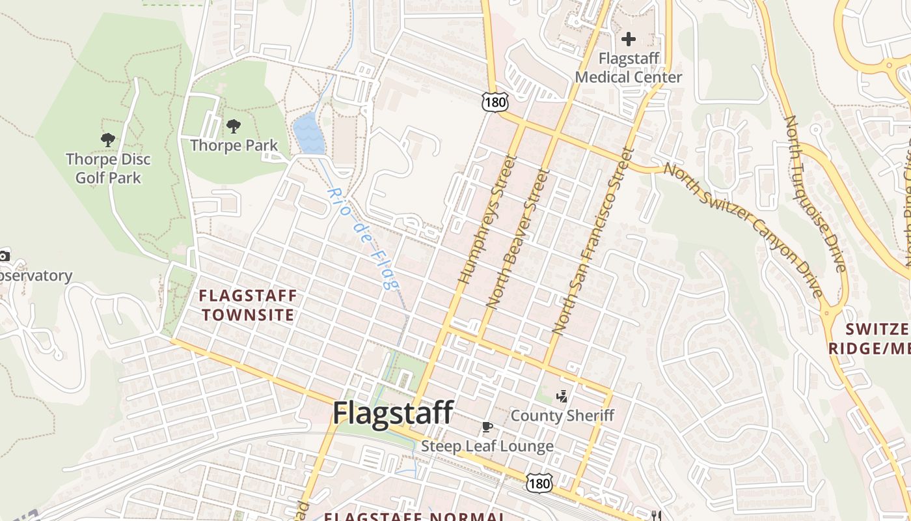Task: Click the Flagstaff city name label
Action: click(393, 414)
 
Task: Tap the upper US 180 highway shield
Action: click(495, 101)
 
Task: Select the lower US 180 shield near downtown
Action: click(539, 483)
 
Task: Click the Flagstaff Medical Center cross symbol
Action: click(628, 39)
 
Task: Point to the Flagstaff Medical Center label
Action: click(628, 68)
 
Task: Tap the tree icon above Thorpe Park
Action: click(233, 126)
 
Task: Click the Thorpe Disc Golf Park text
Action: click(108, 168)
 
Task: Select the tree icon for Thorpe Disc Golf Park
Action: click(108, 139)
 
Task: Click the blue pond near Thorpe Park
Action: click(308, 134)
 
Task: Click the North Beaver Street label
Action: click(518, 238)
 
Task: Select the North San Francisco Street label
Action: click(592, 241)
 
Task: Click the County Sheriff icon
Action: click(562, 395)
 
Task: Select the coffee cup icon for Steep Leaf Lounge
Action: click(487, 427)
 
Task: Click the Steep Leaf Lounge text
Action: click(487, 446)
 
